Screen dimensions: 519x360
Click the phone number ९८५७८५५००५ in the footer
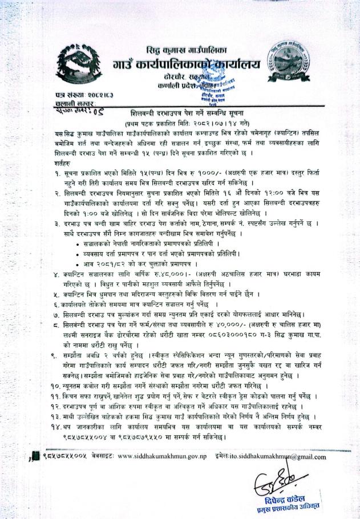pos(65,457)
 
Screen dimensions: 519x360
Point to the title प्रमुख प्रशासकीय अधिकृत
pos(284,507)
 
